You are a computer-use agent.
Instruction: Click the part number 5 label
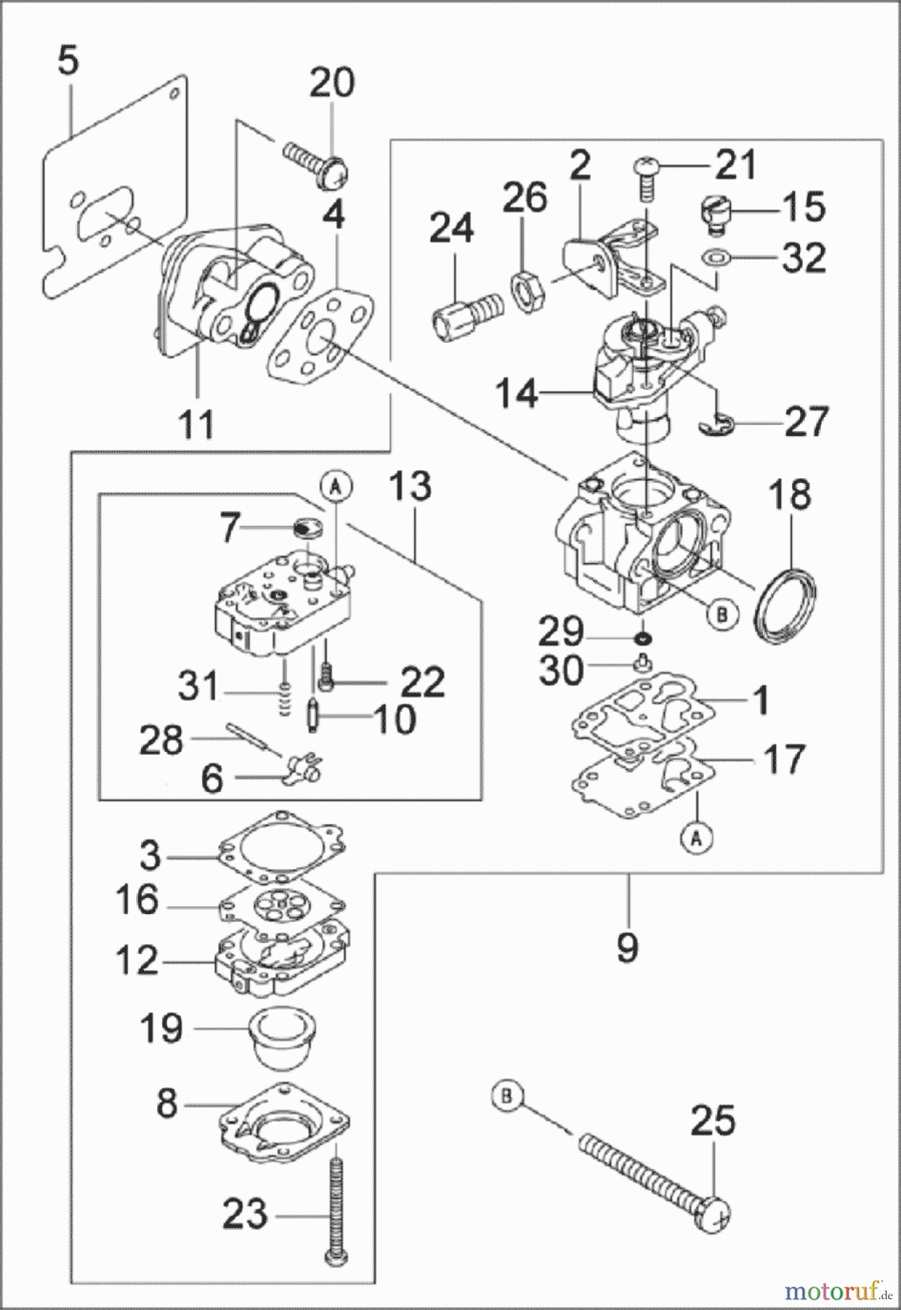point(68,61)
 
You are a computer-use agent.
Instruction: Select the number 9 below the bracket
point(627,948)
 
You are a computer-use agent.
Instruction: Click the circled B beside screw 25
point(507,1097)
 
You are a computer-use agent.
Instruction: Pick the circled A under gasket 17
point(695,839)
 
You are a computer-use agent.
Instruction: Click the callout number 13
point(410,485)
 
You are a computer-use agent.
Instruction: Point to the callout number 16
point(137,900)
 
